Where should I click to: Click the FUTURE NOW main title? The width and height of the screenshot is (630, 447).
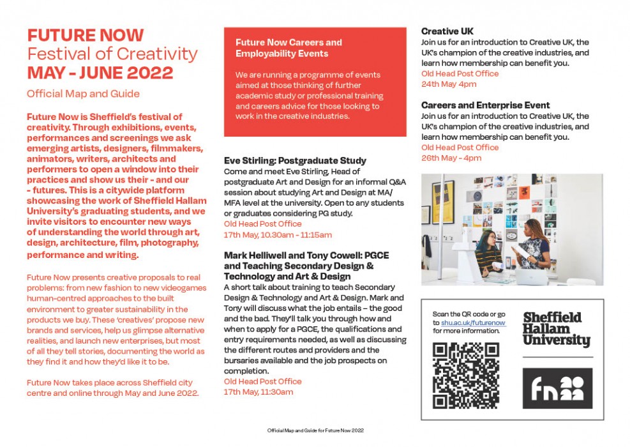pos(86,35)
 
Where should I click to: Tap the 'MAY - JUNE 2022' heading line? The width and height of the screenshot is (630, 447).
pos(100,73)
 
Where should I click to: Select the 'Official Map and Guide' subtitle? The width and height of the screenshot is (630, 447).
pos(83,94)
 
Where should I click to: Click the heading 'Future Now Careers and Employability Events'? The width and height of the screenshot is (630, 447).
pos(289,48)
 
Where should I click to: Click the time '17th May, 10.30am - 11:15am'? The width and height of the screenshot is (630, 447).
pos(278,235)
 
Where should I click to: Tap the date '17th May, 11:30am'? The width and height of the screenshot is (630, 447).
pos(259,392)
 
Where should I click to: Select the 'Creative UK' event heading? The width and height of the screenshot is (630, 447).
pos(447,31)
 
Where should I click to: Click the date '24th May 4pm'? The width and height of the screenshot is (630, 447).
pos(449,84)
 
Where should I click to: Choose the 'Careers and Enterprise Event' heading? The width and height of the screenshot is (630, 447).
pos(485,105)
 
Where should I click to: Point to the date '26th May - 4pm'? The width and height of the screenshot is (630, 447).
pos(451,158)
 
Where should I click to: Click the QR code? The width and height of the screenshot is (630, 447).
pos(456,375)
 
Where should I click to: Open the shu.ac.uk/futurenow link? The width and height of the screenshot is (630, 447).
pos(473,323)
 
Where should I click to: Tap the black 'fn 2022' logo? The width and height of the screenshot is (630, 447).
pos(557,388)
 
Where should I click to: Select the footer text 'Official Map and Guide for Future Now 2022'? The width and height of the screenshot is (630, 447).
pos(315,431)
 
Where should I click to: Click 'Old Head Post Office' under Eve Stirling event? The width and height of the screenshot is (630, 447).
pos(262,224)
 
